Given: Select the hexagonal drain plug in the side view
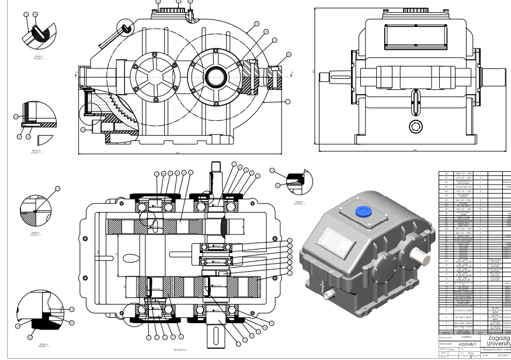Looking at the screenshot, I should click(415, 128).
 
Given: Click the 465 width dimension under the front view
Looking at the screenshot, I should click(193, 154).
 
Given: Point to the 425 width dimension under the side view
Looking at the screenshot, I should click(415, 150).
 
